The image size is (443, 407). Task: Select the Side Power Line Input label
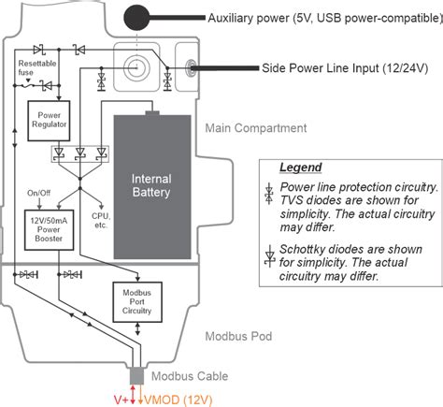[x=345, y=67]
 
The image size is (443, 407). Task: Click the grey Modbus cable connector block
[x=137, y=375]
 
